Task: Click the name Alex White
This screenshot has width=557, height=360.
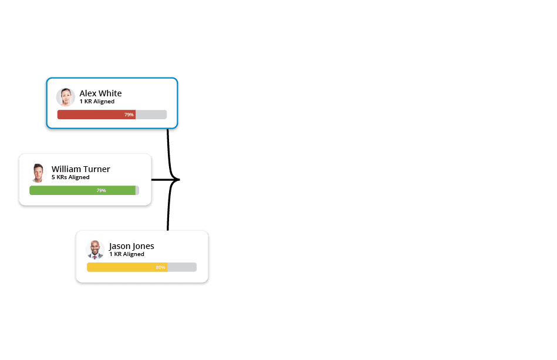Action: click(100, 93)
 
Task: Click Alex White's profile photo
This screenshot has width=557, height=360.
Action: click(66, 97)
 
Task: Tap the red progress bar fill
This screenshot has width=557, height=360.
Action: click(96, 115)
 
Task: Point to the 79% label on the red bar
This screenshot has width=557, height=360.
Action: click(129, 115)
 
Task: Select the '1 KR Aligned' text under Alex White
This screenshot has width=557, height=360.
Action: click(97, 102)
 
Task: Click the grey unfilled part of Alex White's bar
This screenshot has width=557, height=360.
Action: click(151, 115)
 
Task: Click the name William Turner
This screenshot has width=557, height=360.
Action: click(80, 169)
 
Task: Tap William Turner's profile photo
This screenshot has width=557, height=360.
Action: click(38, 173)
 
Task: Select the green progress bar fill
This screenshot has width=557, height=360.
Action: click(82, 190)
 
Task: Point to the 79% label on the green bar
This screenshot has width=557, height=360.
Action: click(101, 190)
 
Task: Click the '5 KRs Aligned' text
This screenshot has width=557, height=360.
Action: click(70, 177)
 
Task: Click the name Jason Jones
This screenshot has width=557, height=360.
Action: click(131, 246)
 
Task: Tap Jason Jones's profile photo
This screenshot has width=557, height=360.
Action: click(95, 250)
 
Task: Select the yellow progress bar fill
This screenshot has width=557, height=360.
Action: click(127, 267)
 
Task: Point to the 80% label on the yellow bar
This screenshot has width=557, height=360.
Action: click(161, 267)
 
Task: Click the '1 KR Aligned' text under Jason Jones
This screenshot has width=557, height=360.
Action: click(127, 254)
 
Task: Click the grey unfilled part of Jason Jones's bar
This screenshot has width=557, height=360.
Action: click(182, 267)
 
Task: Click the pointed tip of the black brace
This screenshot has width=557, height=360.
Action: click(180, 180)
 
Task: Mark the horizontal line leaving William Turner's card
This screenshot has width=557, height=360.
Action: click(161, 180)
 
